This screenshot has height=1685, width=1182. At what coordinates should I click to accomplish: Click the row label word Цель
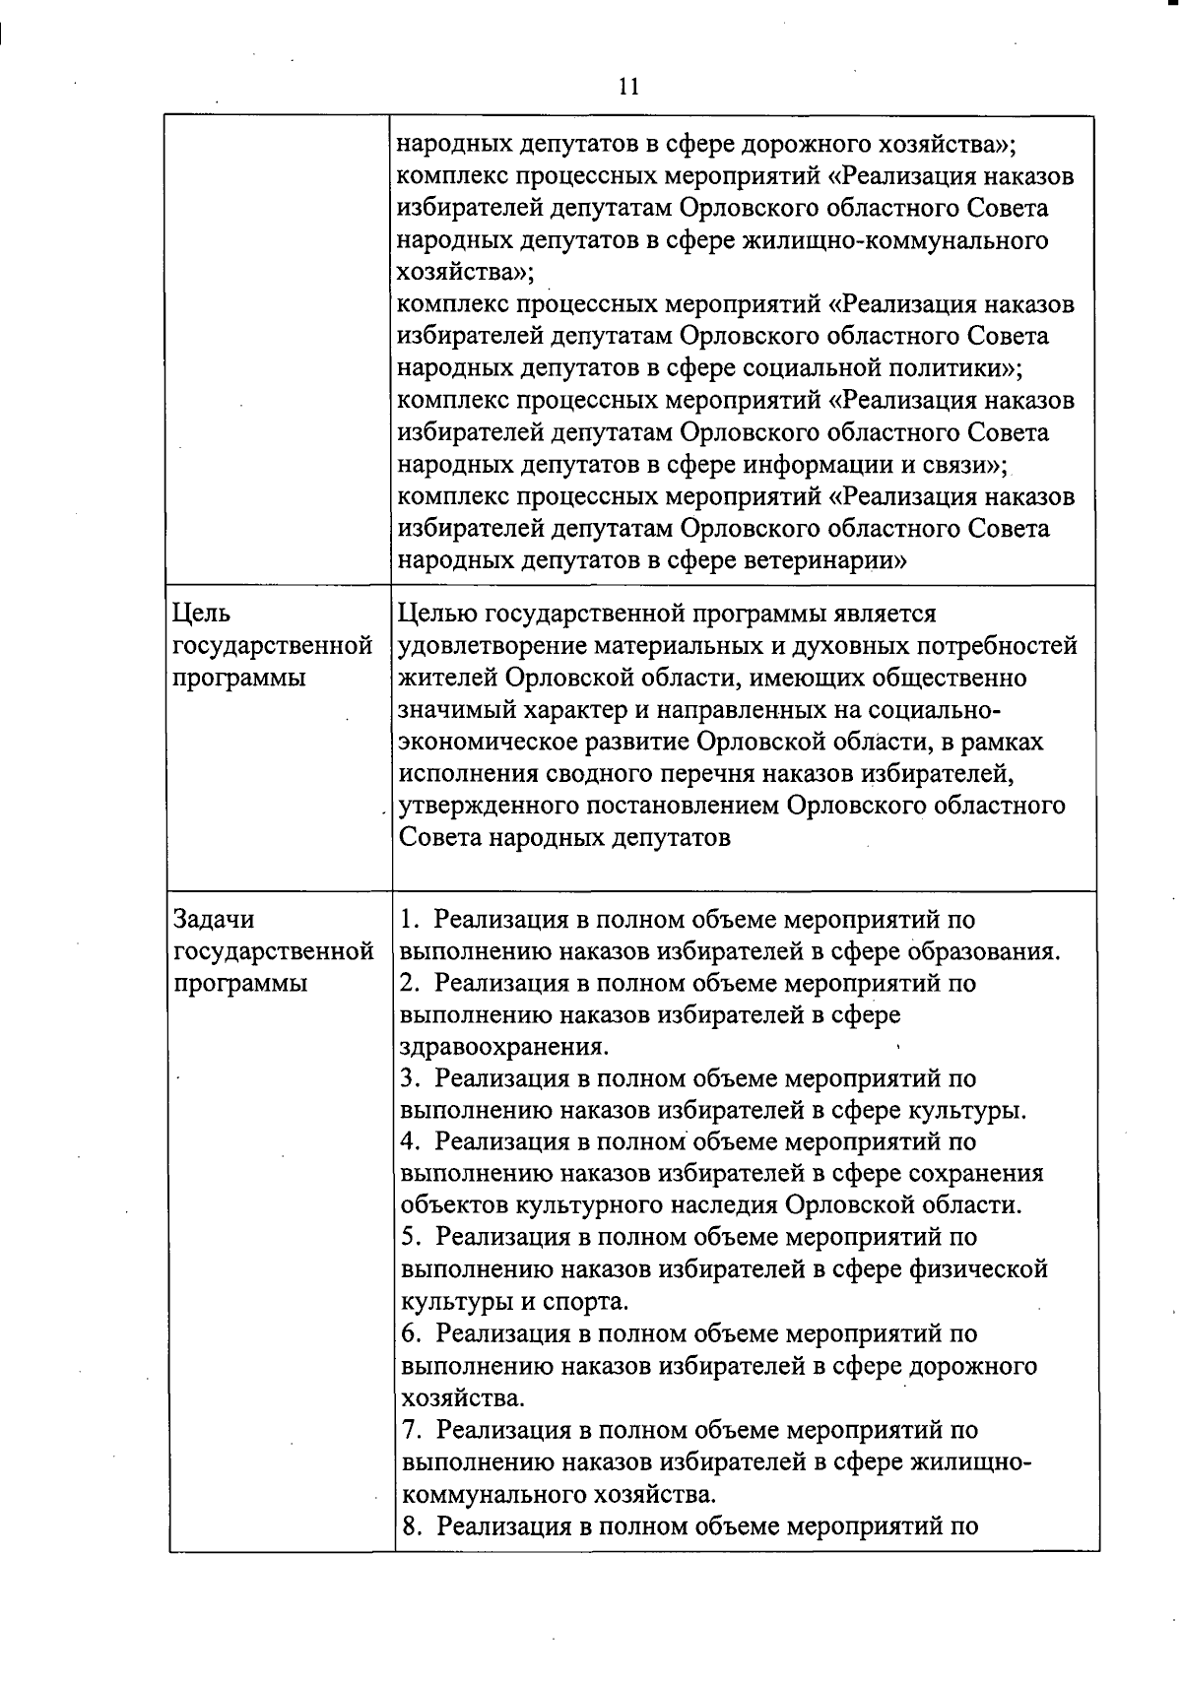coord(201,614)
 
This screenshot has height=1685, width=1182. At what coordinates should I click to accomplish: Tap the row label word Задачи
coord(214,919)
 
